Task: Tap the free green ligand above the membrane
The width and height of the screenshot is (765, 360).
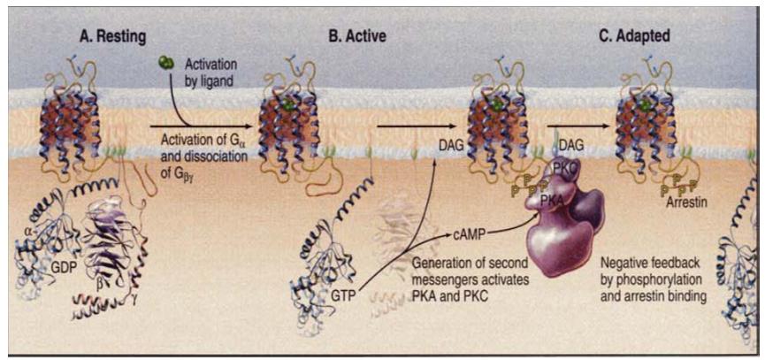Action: coord(164,63)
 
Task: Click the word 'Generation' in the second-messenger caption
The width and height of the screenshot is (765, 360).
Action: coord(447,262)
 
